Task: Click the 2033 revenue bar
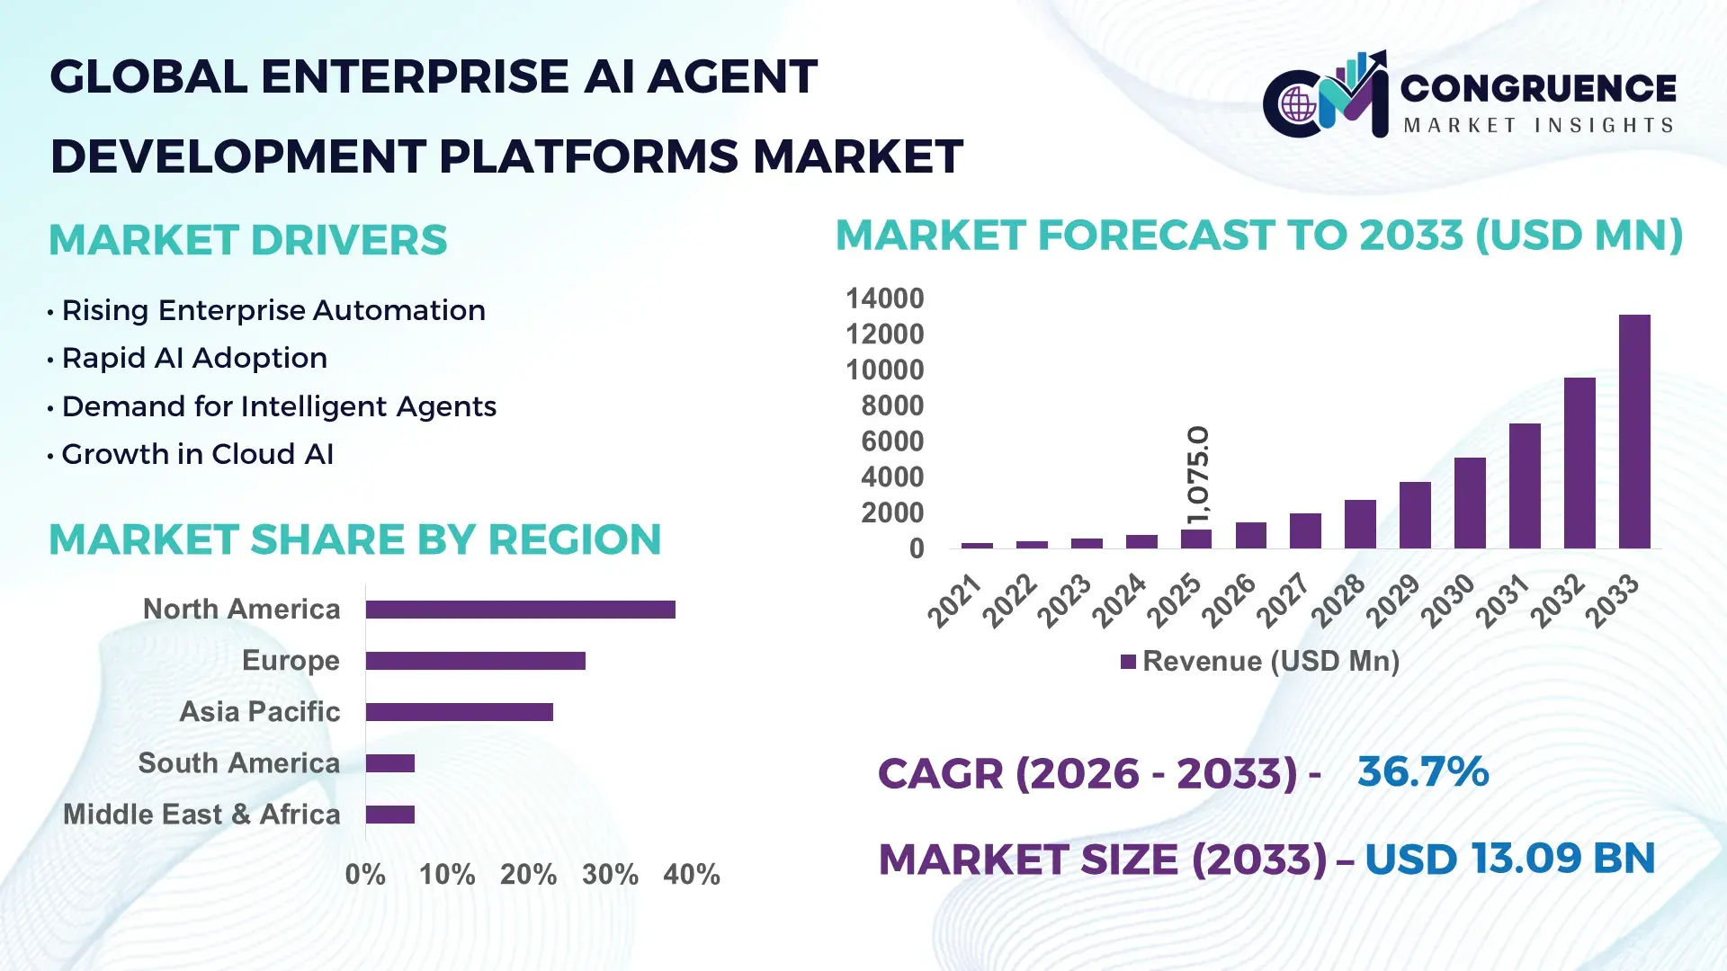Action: pyautogui.click(x=1634, y=432)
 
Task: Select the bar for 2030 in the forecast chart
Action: pyautogui.click(x=1470, y=503)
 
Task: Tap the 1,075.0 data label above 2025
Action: pyautogui.click(x=1198, y=475)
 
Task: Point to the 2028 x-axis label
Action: pyautogui.click(x=1338, y=601)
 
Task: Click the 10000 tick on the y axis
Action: pyautogui.click(x=884, y=370)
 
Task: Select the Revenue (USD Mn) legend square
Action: pyautogui.click(x=1128, y=662)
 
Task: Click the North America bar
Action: pyautogui.click(x=520, y=610)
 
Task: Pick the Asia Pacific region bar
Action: pyautogui.click(x=459, y=712)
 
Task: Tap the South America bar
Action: pyautogui.click(x=390, y=763)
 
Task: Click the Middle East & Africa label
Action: pyautogui.click(x=201, y=815)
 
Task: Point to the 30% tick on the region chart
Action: pyautogui.click(x=610, y=874)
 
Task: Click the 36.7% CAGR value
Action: pyautogui.click(x=1423, y=771)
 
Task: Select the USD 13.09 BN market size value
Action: pyautogui.click(x=1509, y=858)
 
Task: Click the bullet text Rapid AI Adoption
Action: pyautogui.click(x=194, y=358)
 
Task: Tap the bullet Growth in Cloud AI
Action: pyautogui.click(x=198, y=454)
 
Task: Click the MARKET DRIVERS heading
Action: pyautogui.click(x=248, y=240)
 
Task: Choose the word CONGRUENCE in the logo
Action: pyautogui.click(x=1538, y=88)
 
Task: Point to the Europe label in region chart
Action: pyautogui.click(x=291, y=661)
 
